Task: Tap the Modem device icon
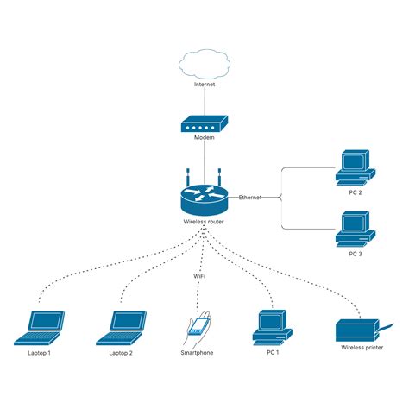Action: (x=204, y=125)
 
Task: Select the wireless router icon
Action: (x=204, y=199)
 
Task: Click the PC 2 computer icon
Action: (x=354, y=166)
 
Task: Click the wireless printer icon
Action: (x=356, y=329)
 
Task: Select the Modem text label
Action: (x=204, y=138)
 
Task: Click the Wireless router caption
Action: (x=204, y=222)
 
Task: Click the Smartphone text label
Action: (x=197, y=353)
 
